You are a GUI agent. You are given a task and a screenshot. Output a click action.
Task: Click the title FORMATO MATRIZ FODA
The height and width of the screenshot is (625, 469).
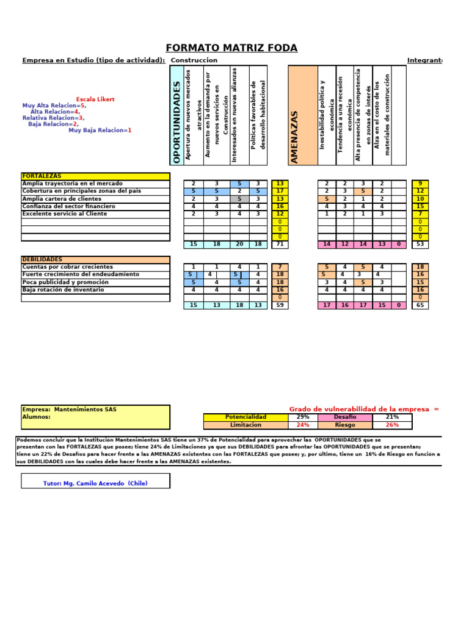tap(231, 48)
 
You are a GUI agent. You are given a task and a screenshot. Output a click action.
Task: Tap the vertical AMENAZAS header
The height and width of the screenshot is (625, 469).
tap(295, 137)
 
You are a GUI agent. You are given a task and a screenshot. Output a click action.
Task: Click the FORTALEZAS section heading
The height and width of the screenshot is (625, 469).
tap(42, 176)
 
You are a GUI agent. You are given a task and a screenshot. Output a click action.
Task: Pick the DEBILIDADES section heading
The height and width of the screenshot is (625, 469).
tap(42, 259)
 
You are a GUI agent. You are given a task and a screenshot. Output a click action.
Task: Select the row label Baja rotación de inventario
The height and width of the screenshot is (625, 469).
tap(63, 290)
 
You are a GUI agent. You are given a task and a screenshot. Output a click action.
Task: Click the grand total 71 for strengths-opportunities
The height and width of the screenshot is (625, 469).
tap(280, 244)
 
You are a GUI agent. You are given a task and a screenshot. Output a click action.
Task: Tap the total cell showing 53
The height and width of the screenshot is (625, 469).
tap(420, 244)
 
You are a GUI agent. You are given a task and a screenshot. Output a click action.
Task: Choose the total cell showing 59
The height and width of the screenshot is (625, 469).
tap(280, 305)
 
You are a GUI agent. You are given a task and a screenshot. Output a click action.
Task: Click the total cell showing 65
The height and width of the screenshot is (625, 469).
tap(420, 305)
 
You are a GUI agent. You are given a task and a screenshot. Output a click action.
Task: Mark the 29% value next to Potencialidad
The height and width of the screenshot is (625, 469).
tap(302, 417)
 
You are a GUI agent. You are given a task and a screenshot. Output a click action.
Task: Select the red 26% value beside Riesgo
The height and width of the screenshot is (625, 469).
tap(392, 425)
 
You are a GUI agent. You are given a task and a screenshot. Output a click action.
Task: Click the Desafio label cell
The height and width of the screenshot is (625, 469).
tap(345, 417)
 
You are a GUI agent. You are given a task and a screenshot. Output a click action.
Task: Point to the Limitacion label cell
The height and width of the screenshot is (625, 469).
tap(245, 425)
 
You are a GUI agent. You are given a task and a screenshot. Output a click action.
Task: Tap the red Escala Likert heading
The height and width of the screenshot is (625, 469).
tap(95, 99)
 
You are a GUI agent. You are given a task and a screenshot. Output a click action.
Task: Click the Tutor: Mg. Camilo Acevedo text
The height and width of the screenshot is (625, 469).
tap(95, 483)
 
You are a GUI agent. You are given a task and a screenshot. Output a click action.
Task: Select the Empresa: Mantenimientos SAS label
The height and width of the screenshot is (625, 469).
tap(69, 409)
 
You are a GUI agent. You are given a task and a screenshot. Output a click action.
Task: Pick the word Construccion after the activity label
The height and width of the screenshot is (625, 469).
tap(194, 60)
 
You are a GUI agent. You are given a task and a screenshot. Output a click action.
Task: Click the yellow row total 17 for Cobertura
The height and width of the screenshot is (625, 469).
tap(280, 191)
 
